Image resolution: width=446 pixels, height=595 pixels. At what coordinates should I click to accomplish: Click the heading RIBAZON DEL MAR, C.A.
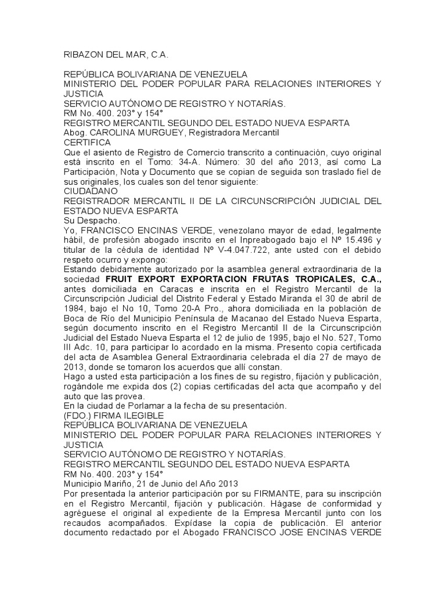(115, 55)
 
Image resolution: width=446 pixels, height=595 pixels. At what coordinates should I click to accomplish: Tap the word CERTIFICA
(87, 142)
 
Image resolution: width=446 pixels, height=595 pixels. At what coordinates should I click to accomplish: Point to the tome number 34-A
(207, 162)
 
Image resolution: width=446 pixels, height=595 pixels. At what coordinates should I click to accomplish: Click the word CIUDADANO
(91, 191)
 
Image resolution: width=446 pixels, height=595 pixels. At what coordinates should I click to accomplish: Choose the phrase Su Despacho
(91, 221)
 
